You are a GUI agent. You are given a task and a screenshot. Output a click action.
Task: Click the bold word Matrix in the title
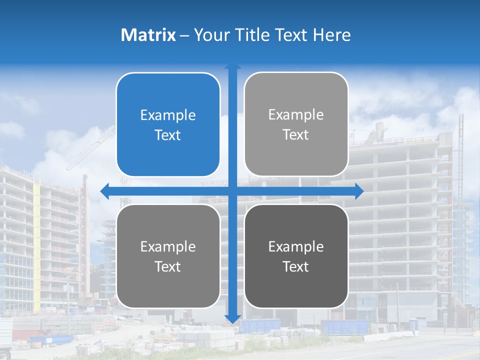pos(148,35)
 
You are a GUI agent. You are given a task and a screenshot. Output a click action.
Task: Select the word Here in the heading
pos(332,35)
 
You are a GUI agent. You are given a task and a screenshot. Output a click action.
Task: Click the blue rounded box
pos(168,124)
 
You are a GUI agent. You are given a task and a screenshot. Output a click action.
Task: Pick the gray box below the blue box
pos(168,256)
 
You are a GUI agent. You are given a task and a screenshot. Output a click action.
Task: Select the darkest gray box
pos(296,256)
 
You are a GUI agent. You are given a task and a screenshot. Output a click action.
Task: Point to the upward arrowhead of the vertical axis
pos(232,67)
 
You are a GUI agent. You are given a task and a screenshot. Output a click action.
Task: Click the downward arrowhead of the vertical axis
pos(232,318)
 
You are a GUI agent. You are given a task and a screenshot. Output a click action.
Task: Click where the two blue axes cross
pos(232,191)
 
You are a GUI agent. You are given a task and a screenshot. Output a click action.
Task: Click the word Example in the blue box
pos(168,115)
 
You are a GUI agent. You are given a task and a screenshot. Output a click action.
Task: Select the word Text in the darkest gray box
pos(296,266)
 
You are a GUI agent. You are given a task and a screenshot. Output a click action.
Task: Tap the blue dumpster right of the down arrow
pos(345,327)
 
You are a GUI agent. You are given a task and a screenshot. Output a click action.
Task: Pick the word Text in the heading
pos(290,35)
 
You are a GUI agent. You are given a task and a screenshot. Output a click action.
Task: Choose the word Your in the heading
pos(209,35)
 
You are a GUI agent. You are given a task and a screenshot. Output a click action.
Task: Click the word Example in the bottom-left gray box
pos(168,247)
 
